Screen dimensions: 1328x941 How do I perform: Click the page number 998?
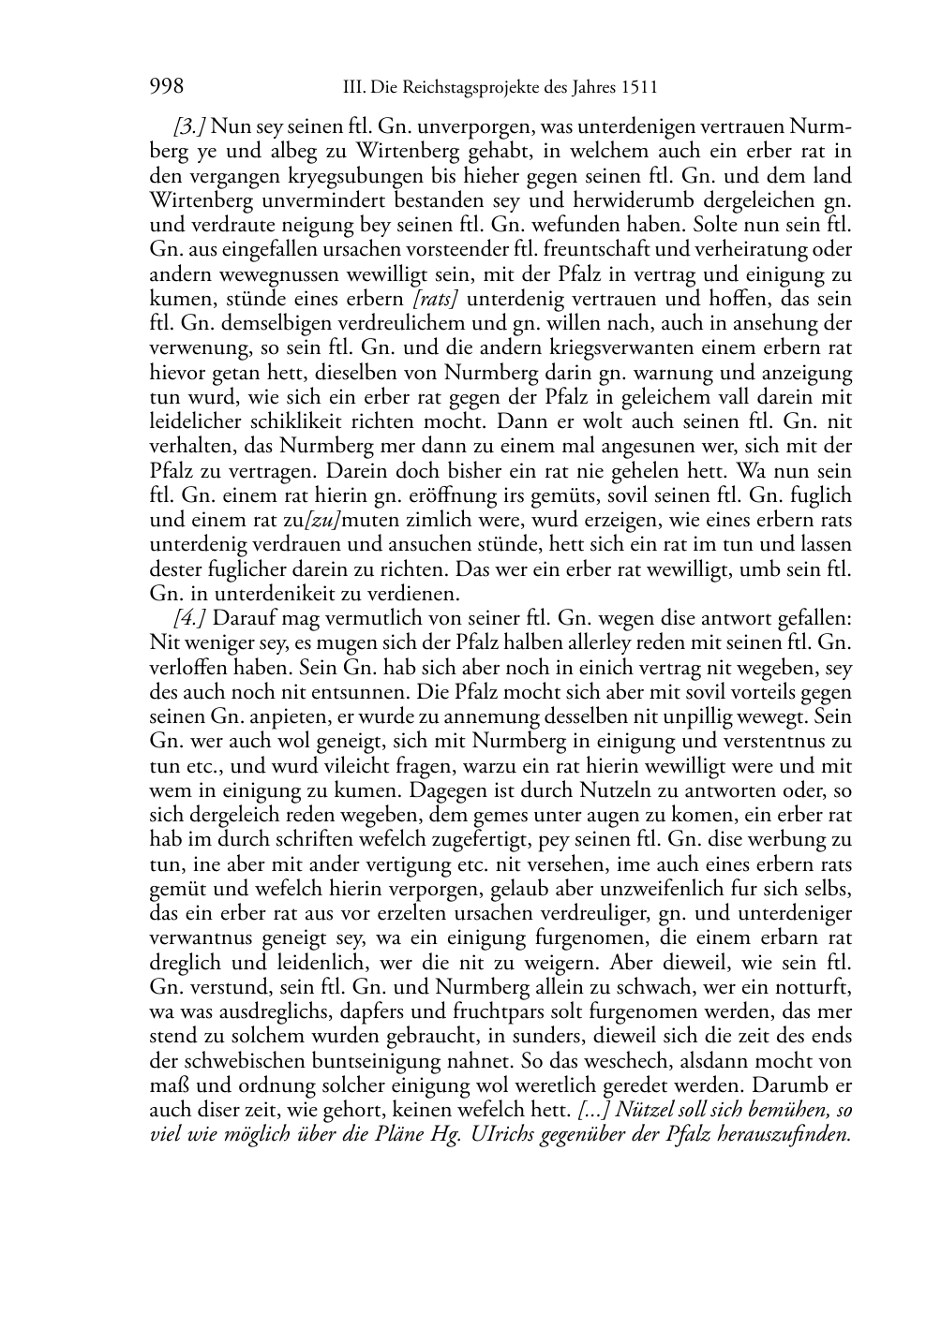[166, 87]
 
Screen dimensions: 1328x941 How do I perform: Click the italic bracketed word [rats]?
[437, 300]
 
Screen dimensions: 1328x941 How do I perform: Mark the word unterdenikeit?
[264, 594]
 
